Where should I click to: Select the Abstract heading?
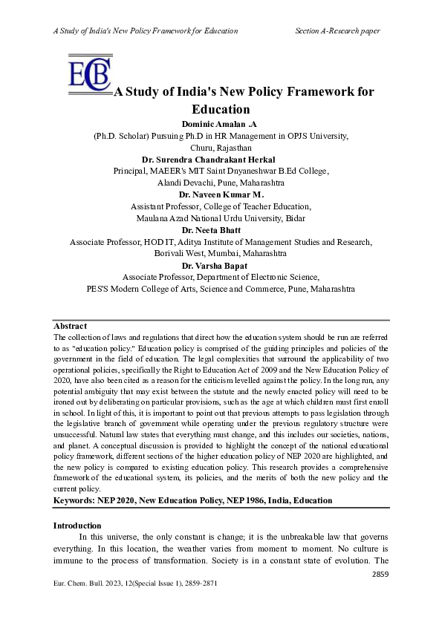pyautogui.click(x=70, y=326)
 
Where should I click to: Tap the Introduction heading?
pyautogui.click(x=77, y=526)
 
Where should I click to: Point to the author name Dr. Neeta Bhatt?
pyautogui.click(x=221, y=231)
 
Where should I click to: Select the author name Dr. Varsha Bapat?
pyautogui.click(x=221, y=265)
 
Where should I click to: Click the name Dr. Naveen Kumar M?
pyautogui.click(x=221, y=195)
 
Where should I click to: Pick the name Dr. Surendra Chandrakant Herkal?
pyautogui.click(x=221, y=160)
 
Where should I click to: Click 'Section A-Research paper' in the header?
pyautogui.click(x=337, y=30)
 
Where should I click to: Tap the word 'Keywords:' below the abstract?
pyautogui.click(x=74, y=501)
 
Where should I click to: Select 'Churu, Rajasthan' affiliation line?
pyautogui.click(x=221, y=148)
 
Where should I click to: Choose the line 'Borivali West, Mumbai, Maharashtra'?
pyautogui.click(x=221, y=253)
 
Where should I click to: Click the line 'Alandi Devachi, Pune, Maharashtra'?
pyautogui.click(x=221, y=183)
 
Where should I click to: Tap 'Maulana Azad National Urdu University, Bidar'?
pyautogui.click(x=221, y=218)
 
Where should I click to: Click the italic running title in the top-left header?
pyautogui.click(x=146, y=30)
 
